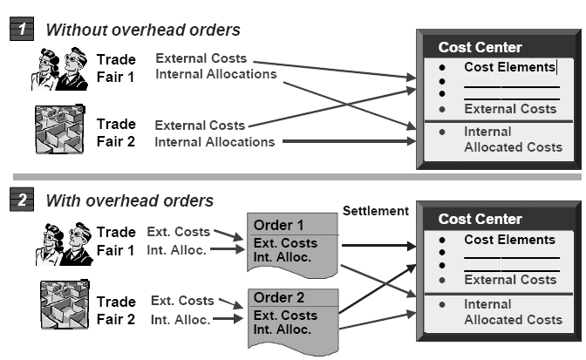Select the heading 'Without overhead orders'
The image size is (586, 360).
[x=142, y=30]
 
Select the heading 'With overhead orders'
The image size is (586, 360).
[x=129, y=201]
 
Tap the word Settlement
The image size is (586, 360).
[x=374, y=211]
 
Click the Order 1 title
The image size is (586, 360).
[x=279, y=226]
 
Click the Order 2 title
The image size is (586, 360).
[x=279, y=298]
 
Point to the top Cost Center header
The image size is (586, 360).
[x=480, y=47]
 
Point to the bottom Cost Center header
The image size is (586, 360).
[x=480, y=219]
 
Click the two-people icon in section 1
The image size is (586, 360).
[x=58, y=68]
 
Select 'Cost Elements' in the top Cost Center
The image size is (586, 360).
[x=509, y=67]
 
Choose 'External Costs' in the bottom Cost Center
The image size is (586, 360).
[x=509, y=280]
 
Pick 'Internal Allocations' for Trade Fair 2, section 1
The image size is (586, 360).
[x=215, y=141]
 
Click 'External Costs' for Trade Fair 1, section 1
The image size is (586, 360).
[x=201, y=58]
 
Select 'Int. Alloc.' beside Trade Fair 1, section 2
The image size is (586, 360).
[x=179, y=250]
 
